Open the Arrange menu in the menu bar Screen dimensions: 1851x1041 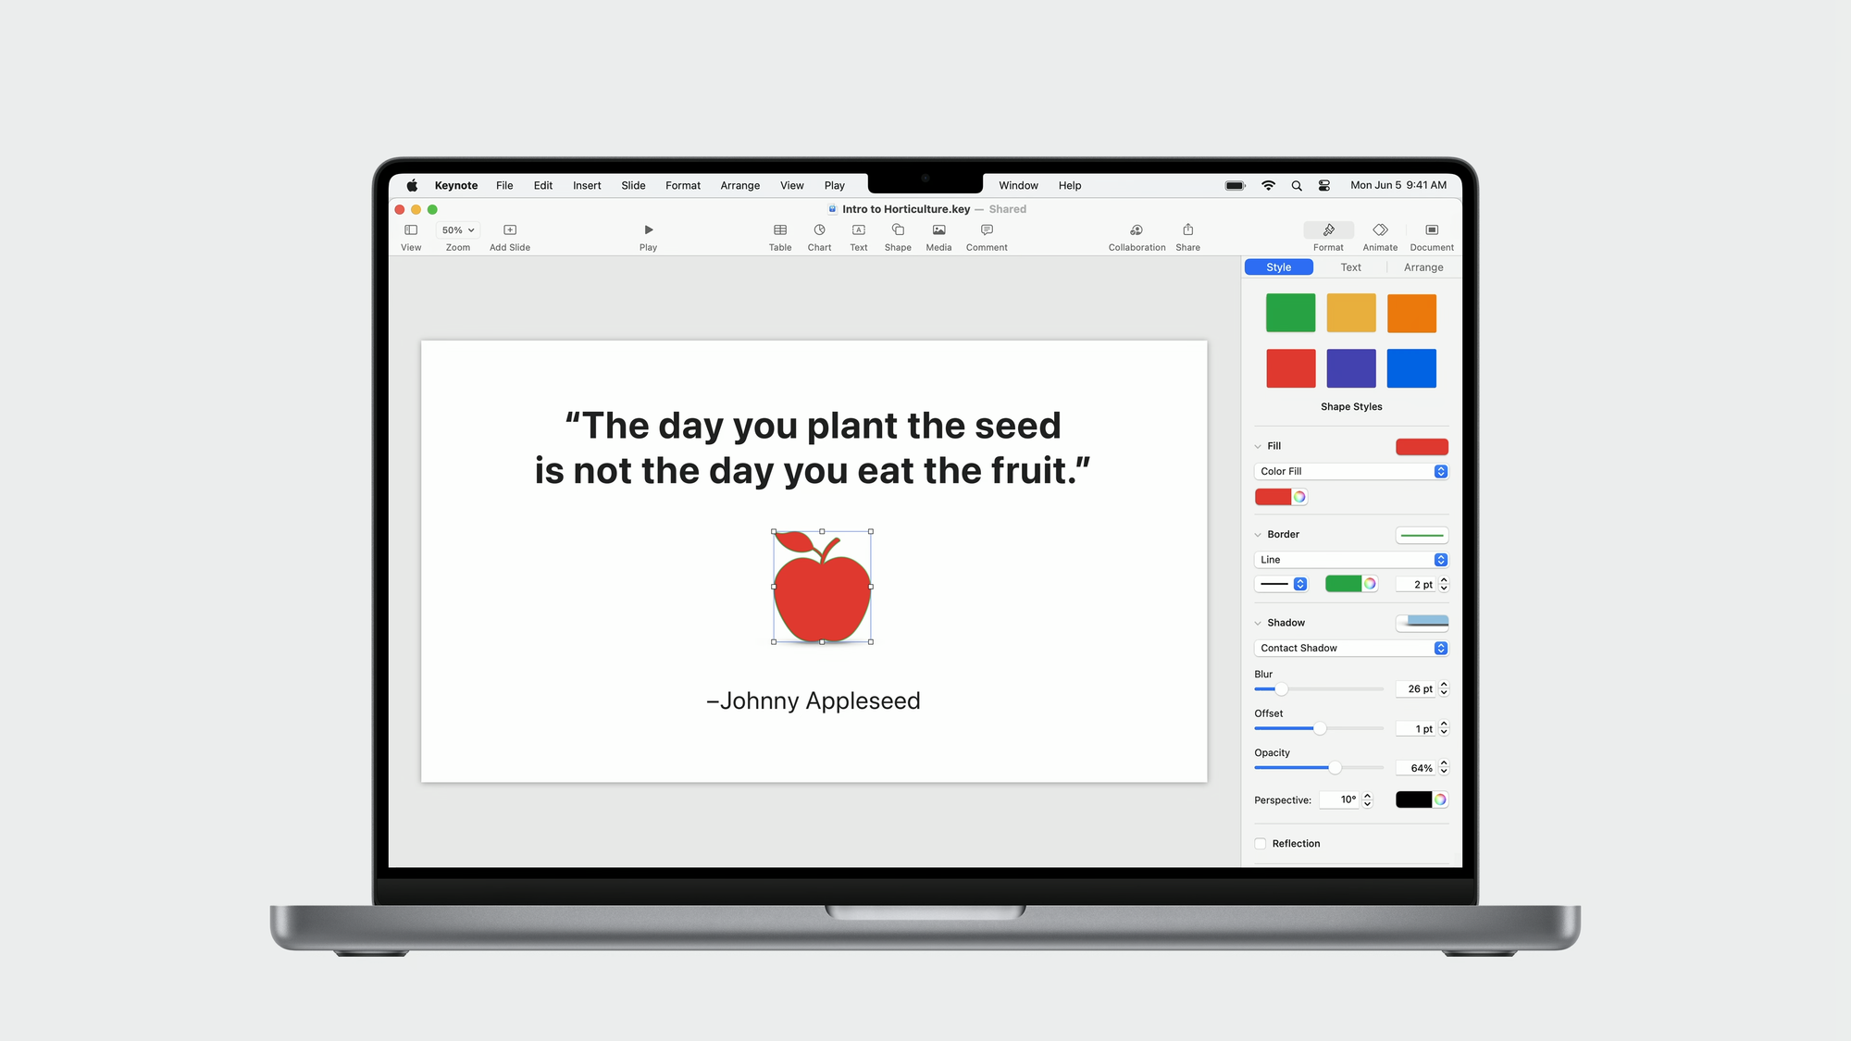click(x=740, y=186)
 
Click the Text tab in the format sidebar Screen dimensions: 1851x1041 click(x=1350, y=267)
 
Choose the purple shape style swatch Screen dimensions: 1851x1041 click(x=1351, y=368)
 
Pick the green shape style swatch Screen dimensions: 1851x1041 click(x=1290, y=313)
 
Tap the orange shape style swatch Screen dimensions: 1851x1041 click(x=1411, y=313)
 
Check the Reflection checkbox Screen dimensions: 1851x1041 click(x=1261, y=844)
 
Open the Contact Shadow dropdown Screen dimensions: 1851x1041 click(x=1351, y=648)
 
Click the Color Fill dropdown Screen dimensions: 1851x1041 click(x=1351, y=471)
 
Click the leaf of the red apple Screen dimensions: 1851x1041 click(x=793, y=541)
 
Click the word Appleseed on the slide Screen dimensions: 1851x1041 click(x=863, y=701)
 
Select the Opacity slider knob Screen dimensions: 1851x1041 click(x=1335, y=768)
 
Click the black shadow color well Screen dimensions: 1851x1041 click(x=1413, y=799)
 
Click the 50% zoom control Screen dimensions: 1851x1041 click(x=458, y=230)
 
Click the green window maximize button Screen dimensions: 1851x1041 click(x=432, y=210)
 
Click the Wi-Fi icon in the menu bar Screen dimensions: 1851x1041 click(x=1268, y=186)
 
